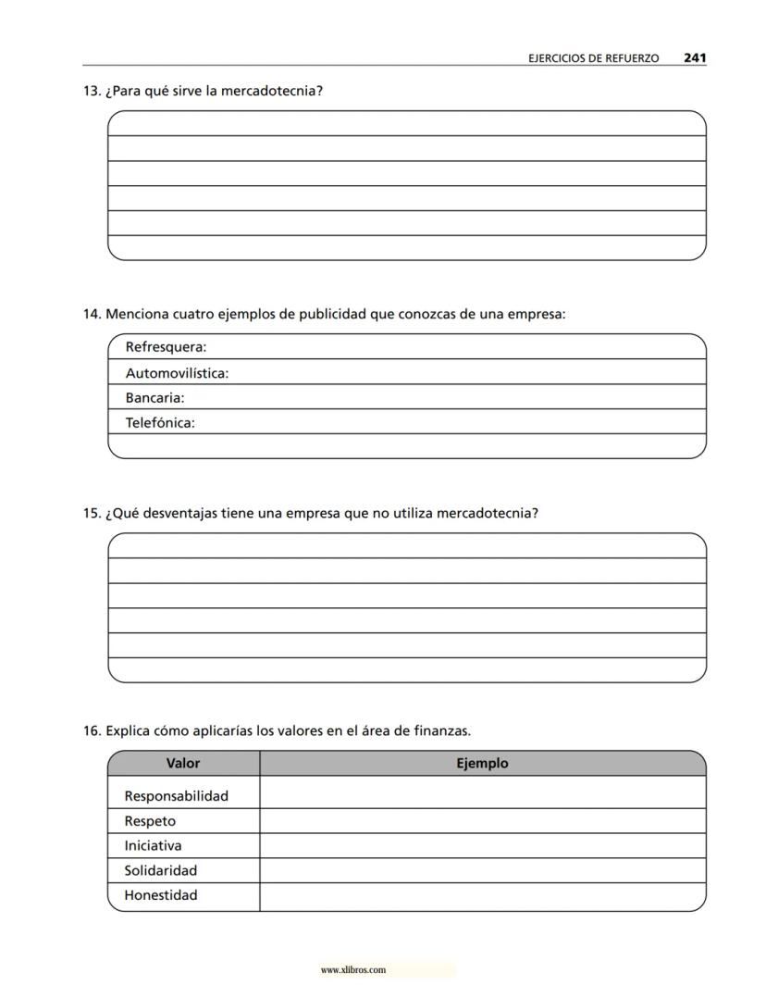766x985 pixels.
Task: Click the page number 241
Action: pyautogui.click(x=695, y=57)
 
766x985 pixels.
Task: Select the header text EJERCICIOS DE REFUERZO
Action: pyautogui.click(x=593, y=58)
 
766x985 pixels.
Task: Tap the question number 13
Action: pyautogui.click(x=91, y=91)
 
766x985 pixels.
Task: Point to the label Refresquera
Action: pyautogui.click(x=166, y=347)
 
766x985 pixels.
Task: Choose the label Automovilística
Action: pyautogui.click(x=177, y=373)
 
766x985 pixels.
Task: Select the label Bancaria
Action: pyautogui.click(x=154, y=398)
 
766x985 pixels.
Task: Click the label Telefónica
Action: pyautogui.click(x=160, y=423)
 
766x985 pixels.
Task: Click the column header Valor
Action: pyautogui.click(x=183, y=764)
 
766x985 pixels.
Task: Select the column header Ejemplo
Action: pyautogui.click(x=482, y=764)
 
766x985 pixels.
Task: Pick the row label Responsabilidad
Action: pyautogui.click(x=176, y=796)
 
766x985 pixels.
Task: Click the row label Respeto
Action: pyautogui.click(x=150, y=821)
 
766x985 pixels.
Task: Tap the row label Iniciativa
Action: pyautogui.click(x=153, y=845)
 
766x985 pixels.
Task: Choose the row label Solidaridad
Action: pyautogui.click(x=161, y=870)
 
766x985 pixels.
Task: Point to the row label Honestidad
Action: pyautogui.click(x=161, y=895)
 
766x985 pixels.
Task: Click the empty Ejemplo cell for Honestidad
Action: pyautogui.click(x=482, y=896)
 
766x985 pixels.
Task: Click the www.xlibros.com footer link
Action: pyautogui.click(x=352, y=970)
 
